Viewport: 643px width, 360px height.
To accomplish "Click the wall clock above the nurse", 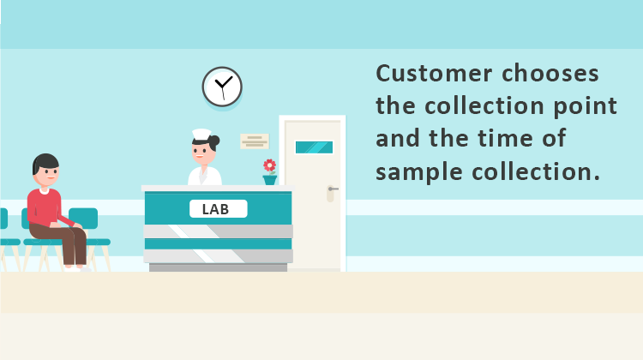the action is pyautogui.click(x=222, y=87).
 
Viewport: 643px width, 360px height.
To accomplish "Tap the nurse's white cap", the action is pyautogui.click(x=201, y=135).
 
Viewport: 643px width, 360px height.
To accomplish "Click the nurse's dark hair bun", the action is pyautogui.click(x=214, y=142).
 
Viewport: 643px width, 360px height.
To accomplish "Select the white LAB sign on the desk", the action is pyautogui.click(x=218, y=208).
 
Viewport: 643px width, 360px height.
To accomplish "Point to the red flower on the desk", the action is pyautogui.click(x=269, y=165).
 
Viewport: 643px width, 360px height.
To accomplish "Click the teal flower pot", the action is pyautogui.click(x=270, y=180).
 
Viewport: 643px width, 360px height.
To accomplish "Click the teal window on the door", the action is pyautogui.click(x=314, y=147).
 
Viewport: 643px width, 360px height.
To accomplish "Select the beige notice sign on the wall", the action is pyautogui.click(x=255, y=141).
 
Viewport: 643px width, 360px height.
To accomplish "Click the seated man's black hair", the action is pyautogui.click(x=45, y=162).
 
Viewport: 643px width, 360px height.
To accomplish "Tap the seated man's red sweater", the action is pyautogui.click(x=46, y=207).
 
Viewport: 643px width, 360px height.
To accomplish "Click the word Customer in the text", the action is pyautogui.click(x=434, y=74).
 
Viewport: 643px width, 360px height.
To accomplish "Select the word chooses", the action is pyautogui.click(x=550, y=74).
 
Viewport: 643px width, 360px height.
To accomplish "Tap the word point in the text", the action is pyautogui.click(x=586, y=106).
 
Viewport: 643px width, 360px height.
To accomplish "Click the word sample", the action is pyautogui.click(x=419, y=171).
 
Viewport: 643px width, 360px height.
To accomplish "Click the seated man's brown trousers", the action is pyautogui.click(x=66, y=242).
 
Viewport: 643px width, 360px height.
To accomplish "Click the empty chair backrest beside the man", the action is pyautogui.click(x=84, y=218).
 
